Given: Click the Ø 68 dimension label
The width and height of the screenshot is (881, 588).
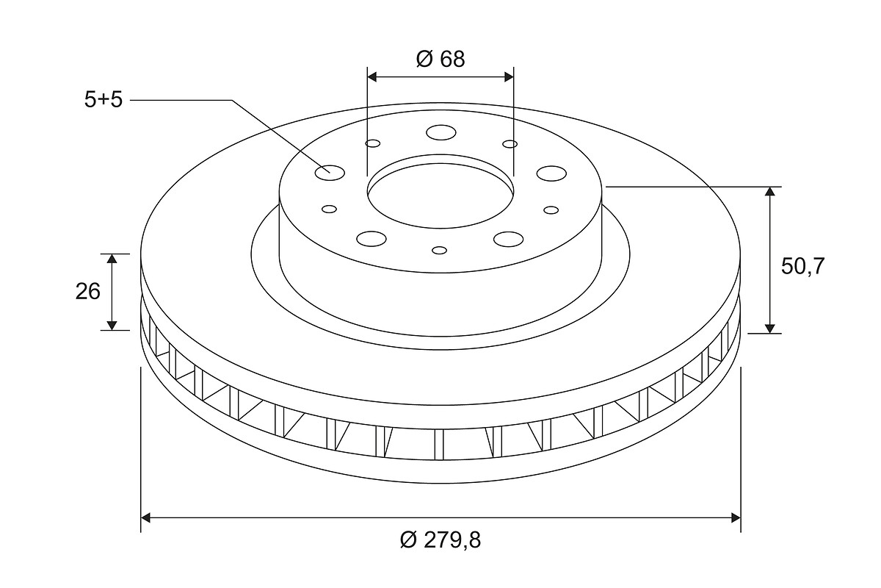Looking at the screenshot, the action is click(x=440, y=59).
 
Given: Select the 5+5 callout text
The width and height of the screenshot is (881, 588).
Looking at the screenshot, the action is click(x=104, y=99).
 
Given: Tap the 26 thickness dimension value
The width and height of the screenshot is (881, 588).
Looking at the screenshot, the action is click(x=87, y=292).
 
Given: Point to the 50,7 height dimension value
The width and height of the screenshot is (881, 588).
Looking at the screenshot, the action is click(x=802, y=266).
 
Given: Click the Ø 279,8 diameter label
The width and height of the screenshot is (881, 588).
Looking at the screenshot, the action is click(x=440, y=539).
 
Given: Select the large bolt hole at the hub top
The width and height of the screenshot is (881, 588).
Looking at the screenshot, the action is click(x=441, y=133).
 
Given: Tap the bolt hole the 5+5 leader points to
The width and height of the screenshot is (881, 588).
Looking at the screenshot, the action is click(x=330, y=173).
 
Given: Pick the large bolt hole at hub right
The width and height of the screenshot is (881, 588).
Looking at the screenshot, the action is click(x=551, y=173).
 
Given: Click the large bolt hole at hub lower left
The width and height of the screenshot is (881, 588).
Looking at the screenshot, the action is click(x=371, y=239).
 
